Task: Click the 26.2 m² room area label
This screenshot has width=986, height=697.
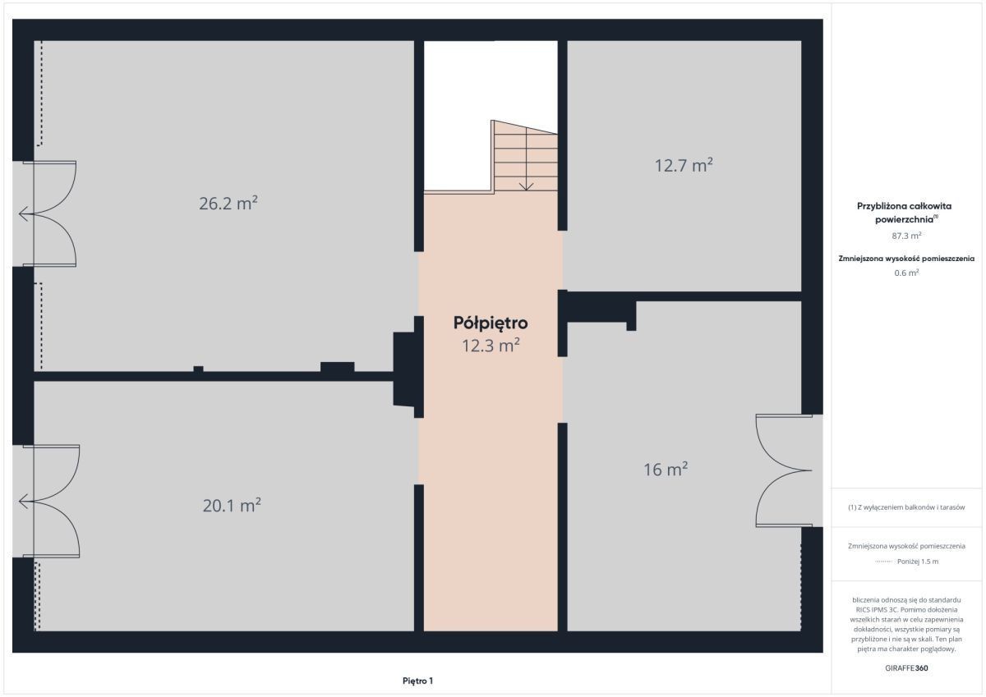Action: pos(228,203)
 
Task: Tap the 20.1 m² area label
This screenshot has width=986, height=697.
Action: pos(232,505)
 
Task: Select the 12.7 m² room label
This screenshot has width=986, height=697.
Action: pos(684,165)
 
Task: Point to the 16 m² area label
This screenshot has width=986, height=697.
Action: pos(666,470)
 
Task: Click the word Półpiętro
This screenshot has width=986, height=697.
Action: pos(491,323)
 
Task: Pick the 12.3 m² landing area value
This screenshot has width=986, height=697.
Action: pos(491,346)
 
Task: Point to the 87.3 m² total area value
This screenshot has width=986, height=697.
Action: pos(906,236)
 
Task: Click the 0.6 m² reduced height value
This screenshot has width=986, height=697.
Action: pos(906,273)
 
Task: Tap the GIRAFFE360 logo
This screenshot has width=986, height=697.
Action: pos(906,668)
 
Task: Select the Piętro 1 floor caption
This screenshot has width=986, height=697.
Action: pos(417,681)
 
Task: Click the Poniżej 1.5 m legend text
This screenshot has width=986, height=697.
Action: pos(918,562)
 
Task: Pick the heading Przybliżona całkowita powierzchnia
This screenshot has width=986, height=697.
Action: pos(904,213)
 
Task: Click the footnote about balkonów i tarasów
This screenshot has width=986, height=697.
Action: pos(906,507)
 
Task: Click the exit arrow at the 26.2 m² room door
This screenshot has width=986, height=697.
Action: pos(26,213)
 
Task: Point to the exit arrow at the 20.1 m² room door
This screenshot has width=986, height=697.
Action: pos(26,502)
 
